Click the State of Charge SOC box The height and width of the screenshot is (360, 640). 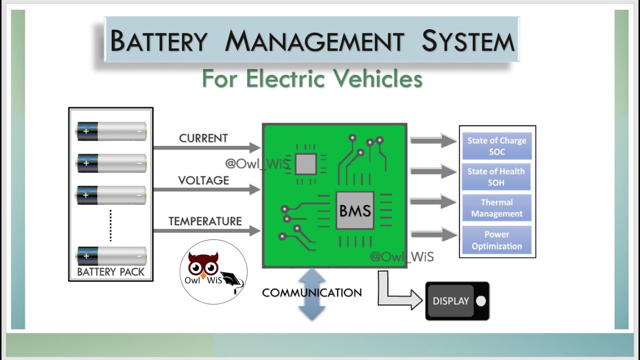click(496, 146)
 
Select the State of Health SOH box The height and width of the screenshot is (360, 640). click(496, 177)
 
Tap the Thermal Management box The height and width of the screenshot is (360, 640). click(496, 208)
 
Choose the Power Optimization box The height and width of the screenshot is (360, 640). click(496, 240)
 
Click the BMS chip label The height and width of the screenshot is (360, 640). click(355, 210)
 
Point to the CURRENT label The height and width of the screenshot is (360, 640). click(203, 138)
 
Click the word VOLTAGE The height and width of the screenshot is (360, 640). click(203, 180)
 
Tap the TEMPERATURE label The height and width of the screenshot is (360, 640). click(205, 221)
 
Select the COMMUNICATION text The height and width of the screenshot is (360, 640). click(311, 292)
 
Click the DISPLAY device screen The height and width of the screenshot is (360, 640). click(450, 301)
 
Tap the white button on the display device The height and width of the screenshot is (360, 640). click(481, 301)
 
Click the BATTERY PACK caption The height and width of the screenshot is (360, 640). click(110, 272)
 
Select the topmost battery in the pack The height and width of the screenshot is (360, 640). click(111, 131)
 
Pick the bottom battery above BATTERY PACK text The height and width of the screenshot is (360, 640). click(111, 256)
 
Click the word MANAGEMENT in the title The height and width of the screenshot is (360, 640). click(313, 41)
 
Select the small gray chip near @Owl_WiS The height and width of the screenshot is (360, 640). click(305, 163)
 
